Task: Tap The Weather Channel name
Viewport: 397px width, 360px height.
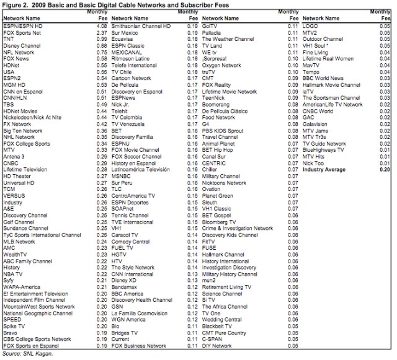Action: click(229, 40)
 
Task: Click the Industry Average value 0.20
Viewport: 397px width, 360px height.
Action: click(385, 169)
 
